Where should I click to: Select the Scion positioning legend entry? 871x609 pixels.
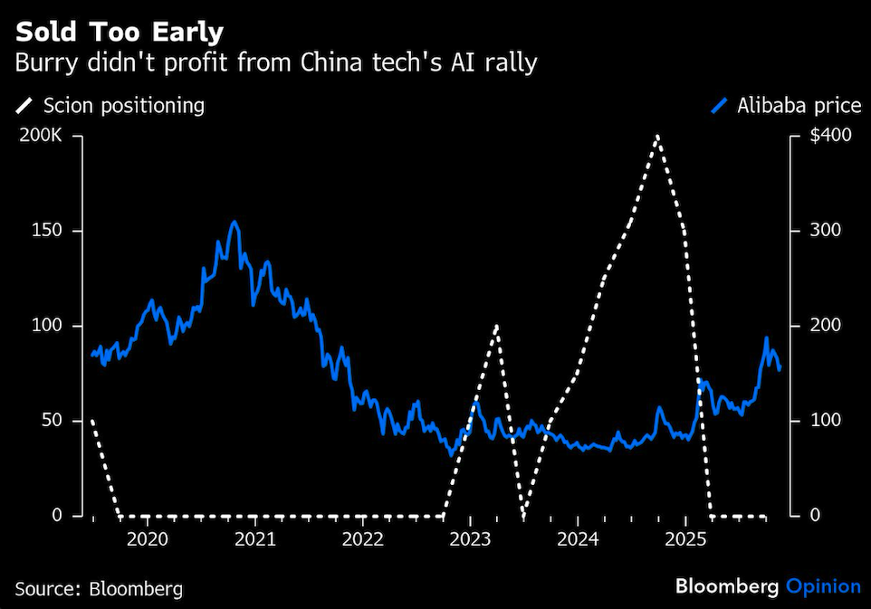point(110,106)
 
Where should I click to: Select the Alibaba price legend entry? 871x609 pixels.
point(786,106)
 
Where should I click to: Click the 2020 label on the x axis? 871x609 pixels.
point(148,540)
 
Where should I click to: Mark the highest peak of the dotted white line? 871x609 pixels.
point(656,136)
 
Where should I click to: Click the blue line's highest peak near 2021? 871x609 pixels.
point(234,222)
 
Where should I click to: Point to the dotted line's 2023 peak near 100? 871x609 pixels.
point(496,325)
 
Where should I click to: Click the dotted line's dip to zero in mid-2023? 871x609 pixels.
point(523,516)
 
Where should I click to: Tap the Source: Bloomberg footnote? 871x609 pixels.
point(98,589)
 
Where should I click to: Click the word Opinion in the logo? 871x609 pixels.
point(822,586)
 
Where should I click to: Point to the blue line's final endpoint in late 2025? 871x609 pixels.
point(780,368)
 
